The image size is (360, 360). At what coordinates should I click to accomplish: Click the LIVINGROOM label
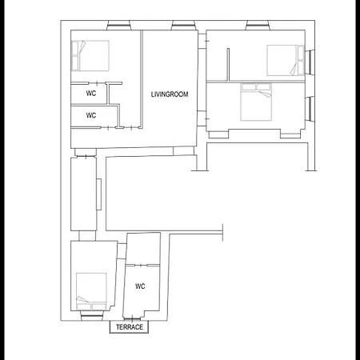[170, 94]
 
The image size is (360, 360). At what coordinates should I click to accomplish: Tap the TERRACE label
[130, 327]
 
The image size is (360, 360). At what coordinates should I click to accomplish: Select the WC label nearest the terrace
[140, 286]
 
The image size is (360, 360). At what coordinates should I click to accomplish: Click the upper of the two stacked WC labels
[91, 93]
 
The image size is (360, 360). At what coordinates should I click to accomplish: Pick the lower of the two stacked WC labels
[91, 115]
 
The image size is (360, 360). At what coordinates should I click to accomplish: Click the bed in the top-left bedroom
[90, 56]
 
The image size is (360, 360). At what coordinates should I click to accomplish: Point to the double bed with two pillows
[256, 102]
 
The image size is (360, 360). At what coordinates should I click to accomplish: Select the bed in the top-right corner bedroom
[286, 60]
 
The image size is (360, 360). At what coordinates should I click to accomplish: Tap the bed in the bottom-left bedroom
[91, 291]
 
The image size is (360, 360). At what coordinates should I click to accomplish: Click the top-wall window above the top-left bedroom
[119, 26]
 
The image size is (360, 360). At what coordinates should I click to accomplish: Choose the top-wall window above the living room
[183, 26]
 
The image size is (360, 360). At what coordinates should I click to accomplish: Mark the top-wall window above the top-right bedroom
[258, 26]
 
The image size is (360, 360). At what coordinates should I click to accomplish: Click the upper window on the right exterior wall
[310, 62]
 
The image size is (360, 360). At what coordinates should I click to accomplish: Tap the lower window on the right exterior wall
[310, 110]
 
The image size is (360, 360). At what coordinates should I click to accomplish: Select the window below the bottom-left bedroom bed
[92, 316]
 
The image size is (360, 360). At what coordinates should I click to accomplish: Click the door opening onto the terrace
[132, 318]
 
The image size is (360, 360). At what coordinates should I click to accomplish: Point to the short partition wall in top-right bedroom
[228, 64]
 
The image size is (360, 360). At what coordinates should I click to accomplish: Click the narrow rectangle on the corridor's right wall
[99, 194]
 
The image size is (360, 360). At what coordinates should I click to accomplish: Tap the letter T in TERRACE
[118, 327]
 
